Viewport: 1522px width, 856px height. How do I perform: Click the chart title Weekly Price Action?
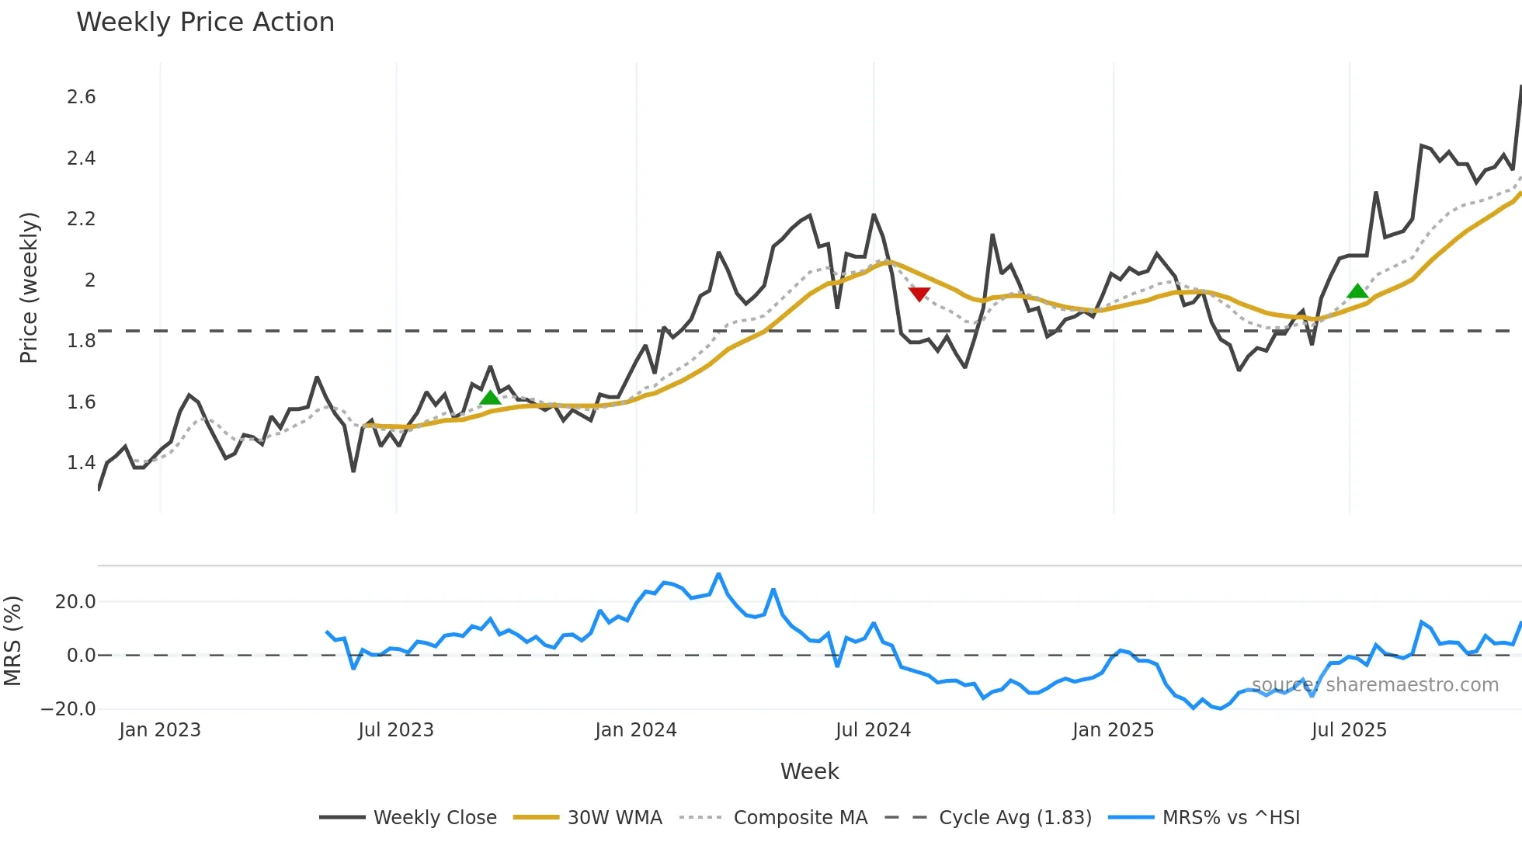pos(205,23)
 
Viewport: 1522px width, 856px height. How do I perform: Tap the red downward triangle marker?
pos(919,294)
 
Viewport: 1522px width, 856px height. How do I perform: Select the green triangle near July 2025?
pos(1357,291)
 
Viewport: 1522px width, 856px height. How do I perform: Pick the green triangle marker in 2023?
pos(490,398)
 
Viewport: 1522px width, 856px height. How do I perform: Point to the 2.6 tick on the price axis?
pos(82,97)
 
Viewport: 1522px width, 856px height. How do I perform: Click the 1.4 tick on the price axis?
pos(82,463)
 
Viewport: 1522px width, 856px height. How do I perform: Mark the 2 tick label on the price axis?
pos(90,280)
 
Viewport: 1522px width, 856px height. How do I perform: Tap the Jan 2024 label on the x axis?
pos(636,730)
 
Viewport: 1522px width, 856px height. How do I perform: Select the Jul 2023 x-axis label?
pos(396,730)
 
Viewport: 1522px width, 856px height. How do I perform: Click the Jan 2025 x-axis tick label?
pos(1113,730)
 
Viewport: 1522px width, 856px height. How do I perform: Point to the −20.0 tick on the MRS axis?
pos(68,708)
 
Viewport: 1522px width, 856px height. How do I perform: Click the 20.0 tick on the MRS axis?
pos(75,602)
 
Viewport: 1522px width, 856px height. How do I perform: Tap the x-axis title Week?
pos(809,771)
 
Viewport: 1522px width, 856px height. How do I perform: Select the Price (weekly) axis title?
pos(29,287)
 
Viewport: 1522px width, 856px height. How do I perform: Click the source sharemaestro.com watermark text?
pos(1374,685)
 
